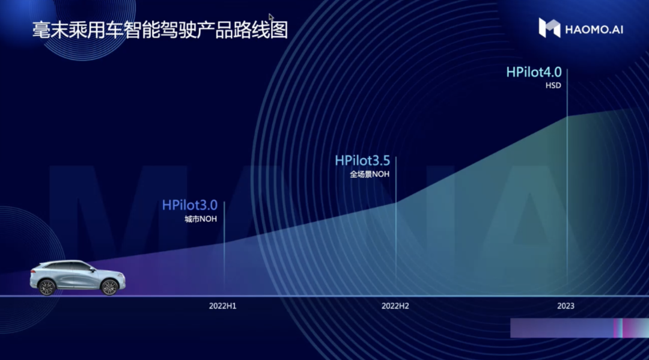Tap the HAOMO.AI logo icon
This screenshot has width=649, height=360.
pyautogui.click(x=549, y=28)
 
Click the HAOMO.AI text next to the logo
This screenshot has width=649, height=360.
pyautogui.click(x=594, y=29)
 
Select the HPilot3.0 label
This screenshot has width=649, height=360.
pyautogui.click(x=189, y=206)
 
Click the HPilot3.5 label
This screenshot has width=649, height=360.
pyautogui.click(x=362, y=161)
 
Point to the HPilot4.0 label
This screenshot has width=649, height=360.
pyautogui.click(x=534, y=72)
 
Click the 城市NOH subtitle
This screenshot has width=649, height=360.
pyautogui.click(x=201, y=219)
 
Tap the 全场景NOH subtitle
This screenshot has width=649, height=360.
pyautogui.click(x=370, y=175)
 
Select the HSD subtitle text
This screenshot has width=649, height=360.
pyautogui.click(x=553, y=86)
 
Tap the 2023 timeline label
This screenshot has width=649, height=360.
pyautogui.click(x=565, y=306)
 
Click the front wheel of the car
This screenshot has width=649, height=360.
pyautogui.click(x=109, y=287)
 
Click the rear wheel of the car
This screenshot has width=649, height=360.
pyautogui.click(x=46, y=287)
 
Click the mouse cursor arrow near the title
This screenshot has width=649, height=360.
pyautogui.click(x=271, y=17)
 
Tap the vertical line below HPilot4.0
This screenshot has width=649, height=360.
pyautogui.click(x=567, y=180)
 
